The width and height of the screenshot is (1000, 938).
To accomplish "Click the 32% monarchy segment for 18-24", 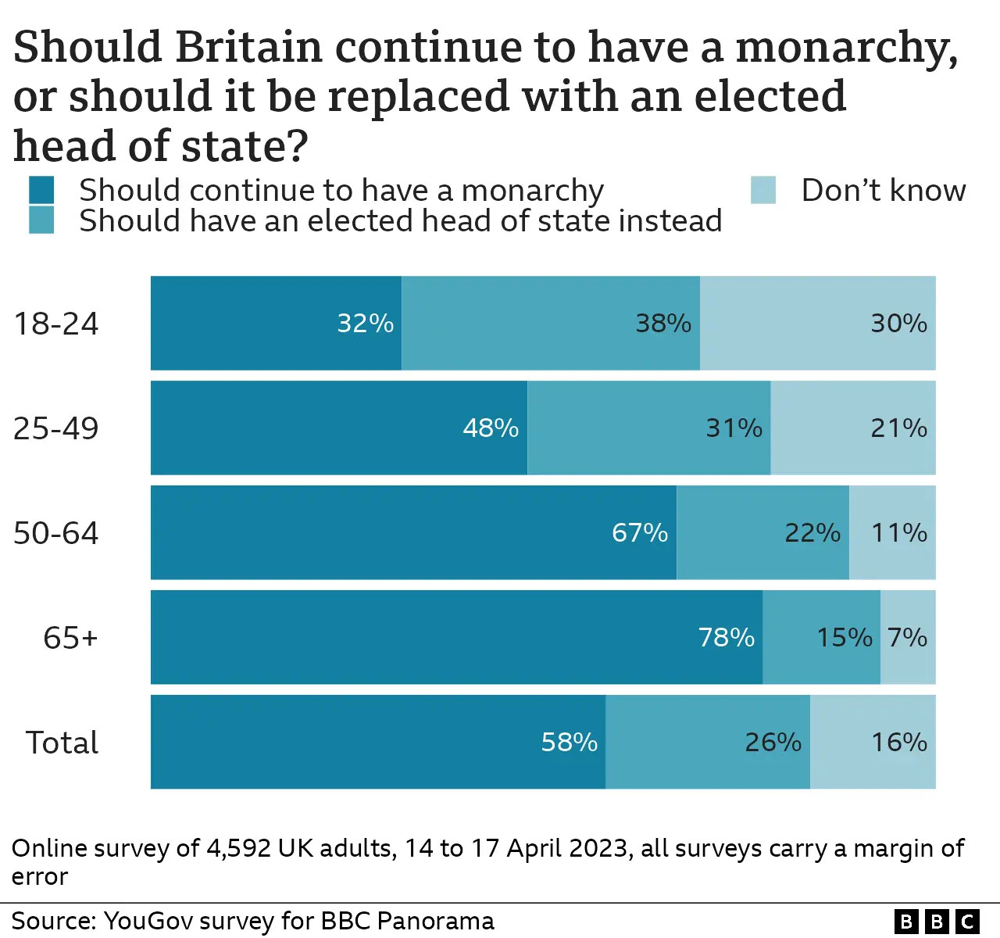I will pyautogui.click(x=276, y=323).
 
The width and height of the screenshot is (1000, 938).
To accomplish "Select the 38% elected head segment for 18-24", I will pyautogui.click(x=551, y=323).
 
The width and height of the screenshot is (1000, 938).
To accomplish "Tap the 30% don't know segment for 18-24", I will pyautogui.click(x=817, y=323).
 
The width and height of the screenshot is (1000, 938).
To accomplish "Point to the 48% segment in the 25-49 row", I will pyautogui.click(x=339, y=428).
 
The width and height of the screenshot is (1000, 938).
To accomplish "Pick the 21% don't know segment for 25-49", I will pyautogui.click(x=853, y=428).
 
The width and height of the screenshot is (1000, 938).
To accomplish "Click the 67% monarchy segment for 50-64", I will pyautogui.click(x=413, y=532).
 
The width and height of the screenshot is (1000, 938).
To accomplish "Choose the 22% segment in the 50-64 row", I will pyautogui.click(x=762, y=532).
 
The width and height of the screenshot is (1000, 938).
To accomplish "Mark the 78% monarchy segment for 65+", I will pyautogui.click(x=456, y=637).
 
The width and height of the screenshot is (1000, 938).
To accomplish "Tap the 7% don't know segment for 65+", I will pyautogui.click(x=908, y=637).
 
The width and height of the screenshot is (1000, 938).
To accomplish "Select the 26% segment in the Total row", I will pyautogui.click(x=708, y=742).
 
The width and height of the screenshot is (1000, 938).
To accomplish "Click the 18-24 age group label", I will pyautogui.click(x=56, y=324).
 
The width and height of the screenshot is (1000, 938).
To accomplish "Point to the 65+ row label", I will pyautogui.click(x=70, y=638).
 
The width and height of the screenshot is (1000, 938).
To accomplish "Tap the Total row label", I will pyautogui.click(x=62, y=743).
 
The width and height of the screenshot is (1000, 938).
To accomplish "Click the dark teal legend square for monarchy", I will pyautogui.click(x=41, y=190).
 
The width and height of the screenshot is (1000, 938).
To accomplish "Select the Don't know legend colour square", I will pyautogui.click(x=763, y=190).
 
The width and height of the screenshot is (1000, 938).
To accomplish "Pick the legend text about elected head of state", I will pyautogui.click(x=400, y=221).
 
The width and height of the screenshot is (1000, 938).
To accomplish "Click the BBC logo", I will pyautogui.click(x=937, y=922).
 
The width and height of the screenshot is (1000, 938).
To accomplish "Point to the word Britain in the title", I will pyautogui.click(x=248, y=47).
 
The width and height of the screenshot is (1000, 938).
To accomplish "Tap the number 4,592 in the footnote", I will pyautogui.click(x=238, y=848).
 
